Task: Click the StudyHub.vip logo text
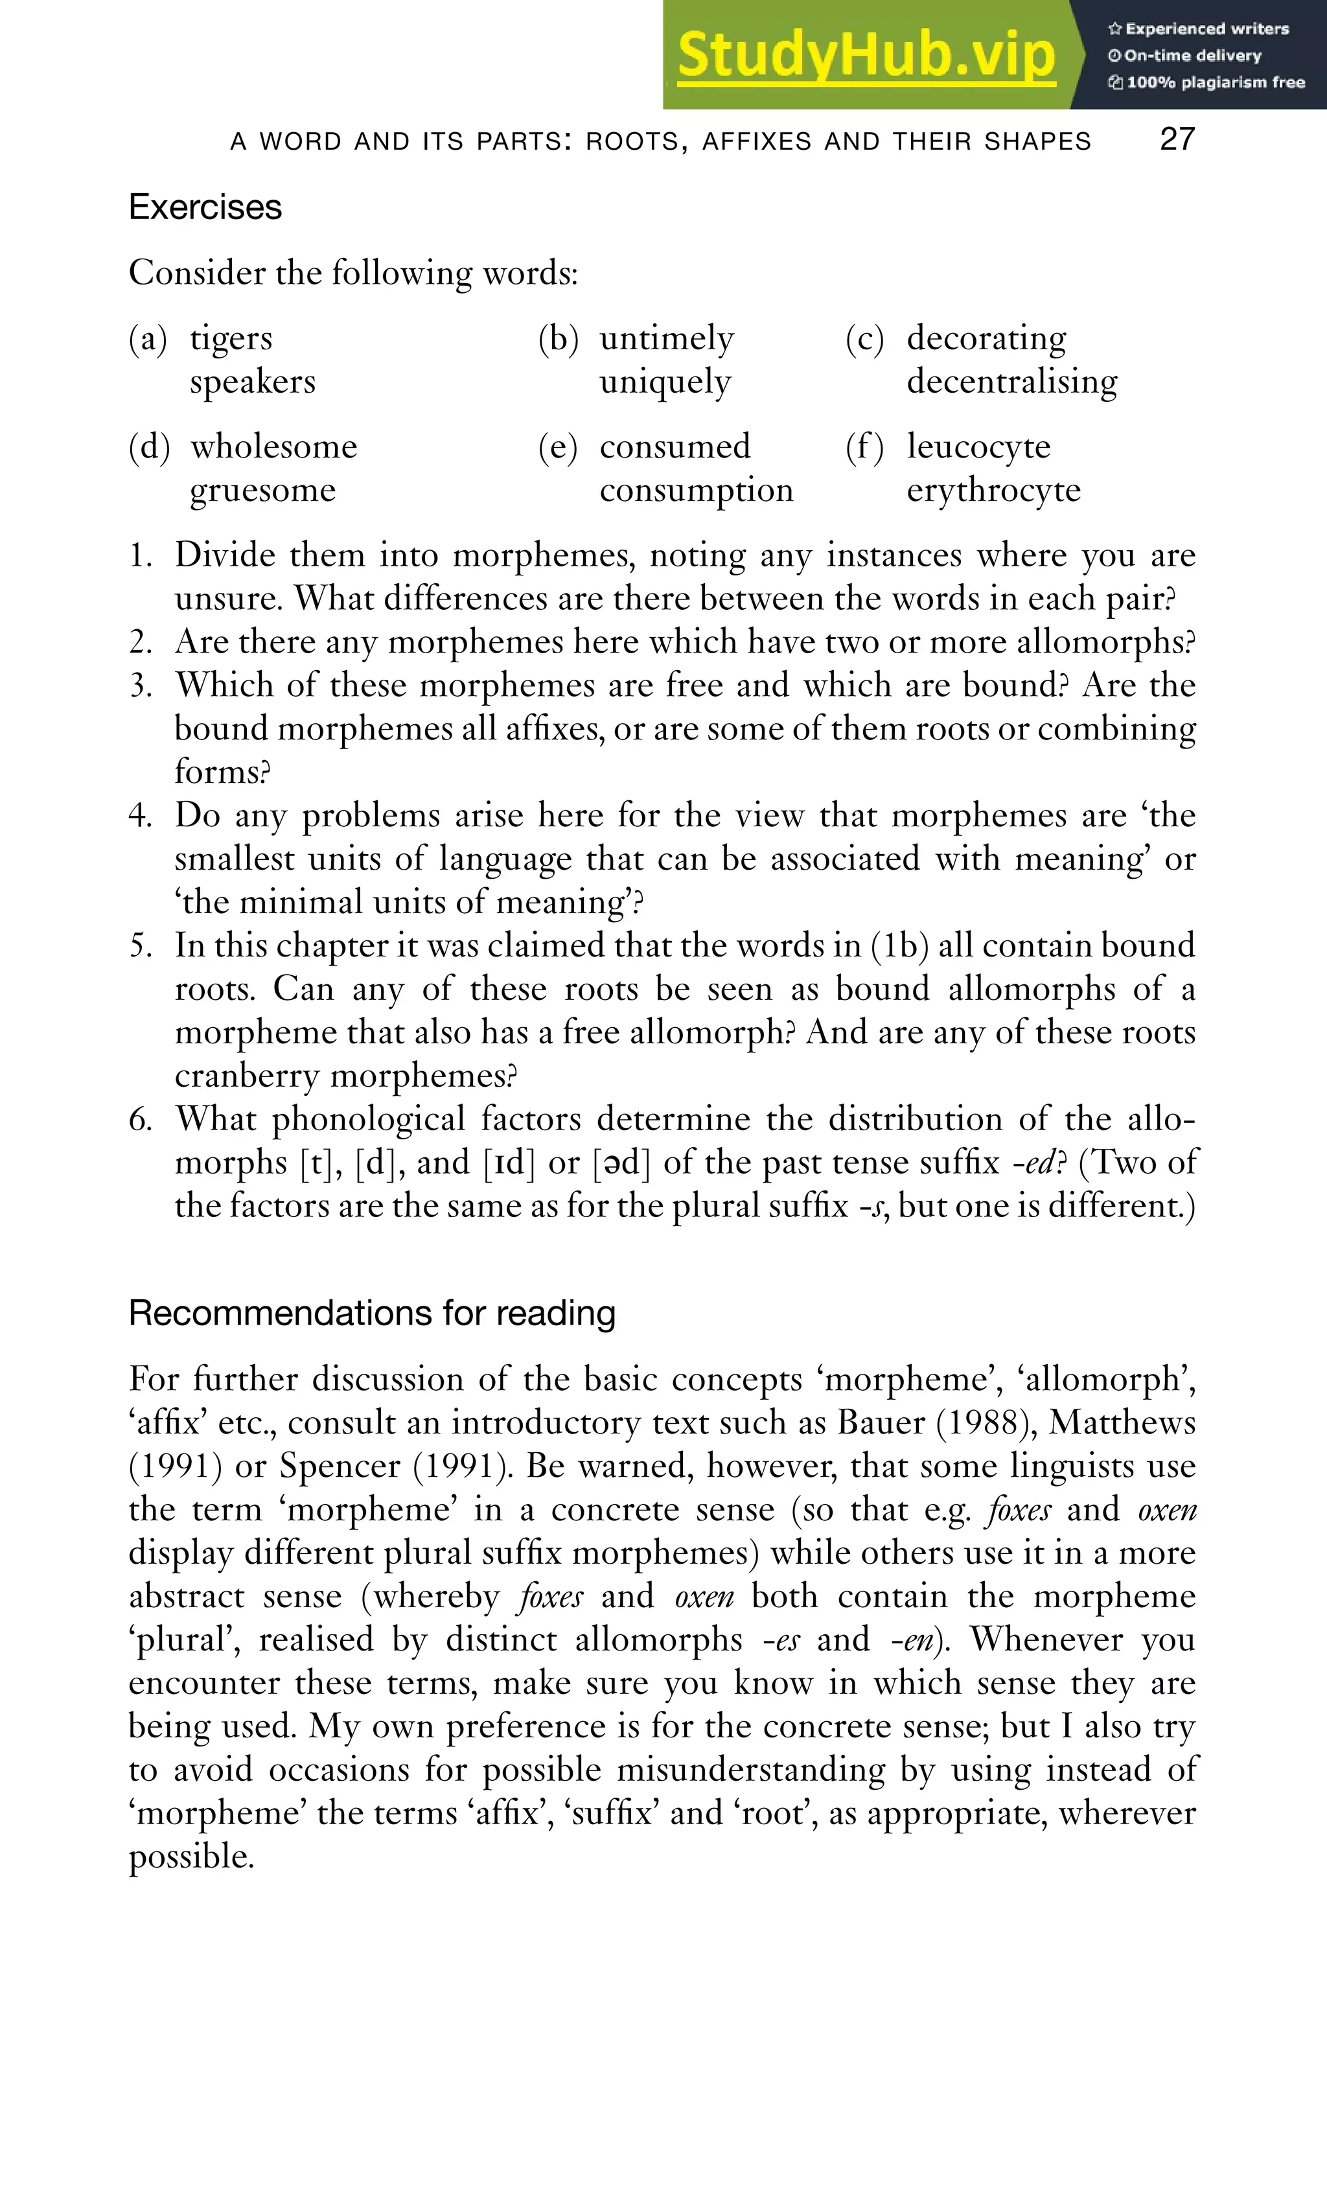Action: click(865, 56)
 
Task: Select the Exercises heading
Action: click(205, 207)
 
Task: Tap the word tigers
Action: click(231, 339)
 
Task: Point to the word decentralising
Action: click(1011, 382)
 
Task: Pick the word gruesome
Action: click(262, 490)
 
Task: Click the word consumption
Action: click(696, 490)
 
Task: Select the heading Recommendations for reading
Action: click(372, 1313)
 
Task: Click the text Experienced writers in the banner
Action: click(1206, 29)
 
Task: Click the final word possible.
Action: click(191, 1857)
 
